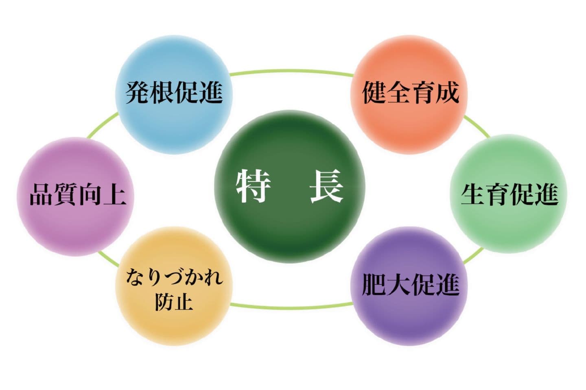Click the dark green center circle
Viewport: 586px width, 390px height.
[290, 186]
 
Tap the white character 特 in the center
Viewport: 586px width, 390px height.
[253, 186]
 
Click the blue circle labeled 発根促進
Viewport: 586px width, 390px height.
[174, 94]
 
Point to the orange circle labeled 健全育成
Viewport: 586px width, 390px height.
[409, 94]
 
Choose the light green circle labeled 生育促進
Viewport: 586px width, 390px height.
[509, 194]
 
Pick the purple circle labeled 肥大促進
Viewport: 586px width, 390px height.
[409, 286]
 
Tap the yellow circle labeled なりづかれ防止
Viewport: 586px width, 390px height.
[174, 286]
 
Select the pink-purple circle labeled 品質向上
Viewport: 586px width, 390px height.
[75, 196]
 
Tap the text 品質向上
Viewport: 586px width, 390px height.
[78, 194]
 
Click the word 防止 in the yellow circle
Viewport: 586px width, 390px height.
[174, 302]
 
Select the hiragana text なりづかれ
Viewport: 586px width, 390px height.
[174, 278]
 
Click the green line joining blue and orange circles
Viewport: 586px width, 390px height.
[291, 71]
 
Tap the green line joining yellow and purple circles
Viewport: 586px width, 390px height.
[291, 307]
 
